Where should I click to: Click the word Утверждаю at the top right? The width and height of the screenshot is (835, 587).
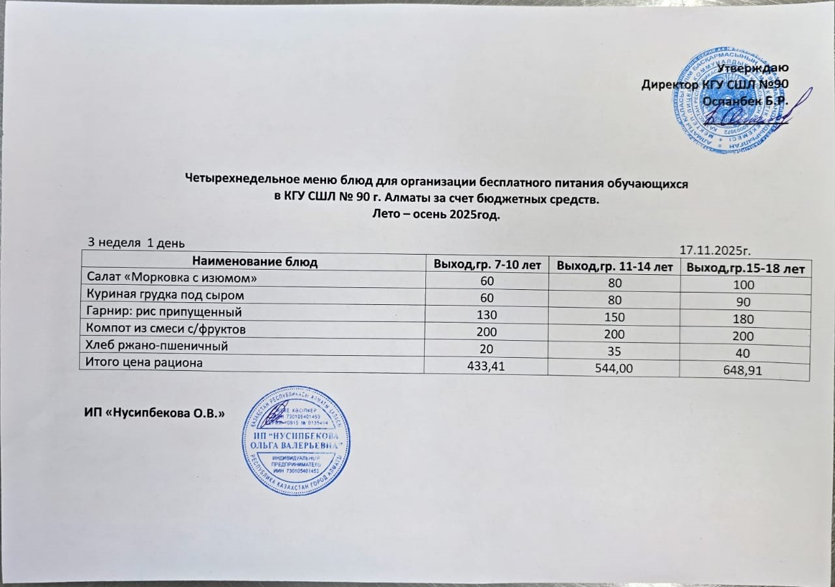click(753, 67)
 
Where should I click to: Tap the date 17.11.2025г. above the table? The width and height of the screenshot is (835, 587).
click(716, 249)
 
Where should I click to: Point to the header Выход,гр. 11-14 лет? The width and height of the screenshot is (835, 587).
click(613, 266)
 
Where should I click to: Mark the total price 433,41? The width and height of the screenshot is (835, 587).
click(487, 366)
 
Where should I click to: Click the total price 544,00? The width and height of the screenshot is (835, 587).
click(613, 369)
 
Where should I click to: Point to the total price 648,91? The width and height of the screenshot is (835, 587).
click(743, 372)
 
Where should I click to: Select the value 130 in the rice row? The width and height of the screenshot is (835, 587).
click(487, 314)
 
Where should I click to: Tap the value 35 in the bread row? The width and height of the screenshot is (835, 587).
click(613, 351)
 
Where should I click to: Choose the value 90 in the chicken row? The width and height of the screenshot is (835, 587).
click(744, 302)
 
